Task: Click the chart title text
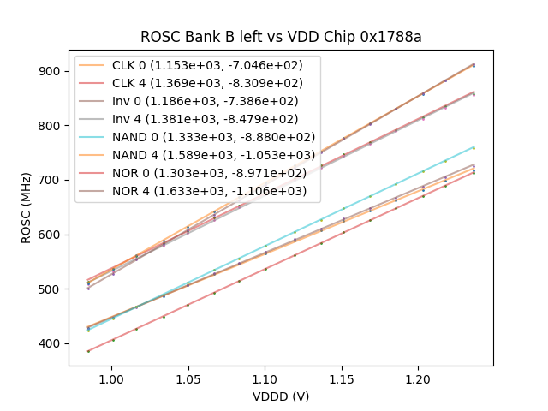(x=281, y=37)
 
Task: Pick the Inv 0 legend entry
(x=214, y=102)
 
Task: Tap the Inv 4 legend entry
(x=214, y=120)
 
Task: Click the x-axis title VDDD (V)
(x=281, y=396)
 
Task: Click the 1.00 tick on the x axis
(x=111, y=378)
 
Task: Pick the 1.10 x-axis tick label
(x=265, y=378)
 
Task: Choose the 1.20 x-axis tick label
(x=418, y=378)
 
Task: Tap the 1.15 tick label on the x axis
(x=342, y=378)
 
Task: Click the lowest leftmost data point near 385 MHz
(x=88, y=351)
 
